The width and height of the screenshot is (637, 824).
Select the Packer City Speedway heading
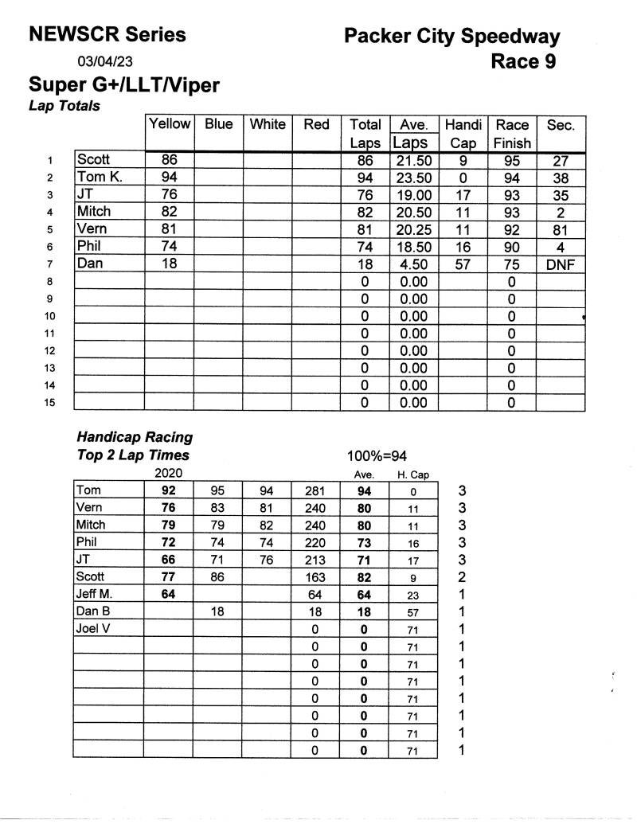tap(451, 37)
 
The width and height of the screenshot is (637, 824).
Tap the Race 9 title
tap(523, 61)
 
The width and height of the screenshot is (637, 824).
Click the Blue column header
tap(218, 124)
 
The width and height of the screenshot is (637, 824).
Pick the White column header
tap(268, 124)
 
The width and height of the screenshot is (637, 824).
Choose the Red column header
tap(316, 124)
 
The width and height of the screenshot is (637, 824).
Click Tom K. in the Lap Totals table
tap(100, 178)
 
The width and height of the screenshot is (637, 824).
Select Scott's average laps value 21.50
tap(413, 161)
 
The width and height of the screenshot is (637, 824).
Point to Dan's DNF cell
tap(560, 264)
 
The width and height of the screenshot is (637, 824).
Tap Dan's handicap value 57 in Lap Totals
tap(462, 264)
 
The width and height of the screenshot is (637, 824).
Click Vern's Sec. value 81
tap(560, 229)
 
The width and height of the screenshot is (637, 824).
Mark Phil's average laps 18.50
tap(413, 247)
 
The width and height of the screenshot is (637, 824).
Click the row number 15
tap(49, 403)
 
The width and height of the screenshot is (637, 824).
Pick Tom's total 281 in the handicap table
tap(315, 491)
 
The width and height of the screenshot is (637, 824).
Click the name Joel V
tap(92, 629)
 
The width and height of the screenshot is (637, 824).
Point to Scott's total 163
tap(315, 577)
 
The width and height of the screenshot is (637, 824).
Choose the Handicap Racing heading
tap(135, 437)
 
